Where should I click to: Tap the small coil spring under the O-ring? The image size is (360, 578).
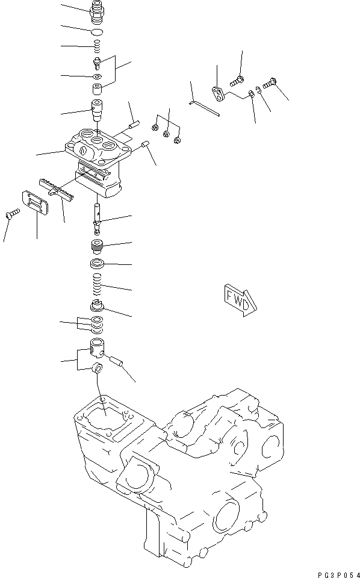96,46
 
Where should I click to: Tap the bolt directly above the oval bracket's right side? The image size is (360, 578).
237,80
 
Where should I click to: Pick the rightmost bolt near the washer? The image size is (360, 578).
269,82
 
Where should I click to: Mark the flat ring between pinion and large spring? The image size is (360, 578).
97,264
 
